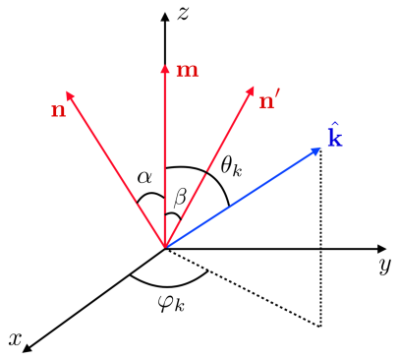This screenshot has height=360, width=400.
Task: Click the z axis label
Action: point(183,14)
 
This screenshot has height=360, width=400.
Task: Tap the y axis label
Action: point(385,267)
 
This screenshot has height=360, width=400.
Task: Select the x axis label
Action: point(15,338)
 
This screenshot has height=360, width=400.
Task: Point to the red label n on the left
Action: point(58,108)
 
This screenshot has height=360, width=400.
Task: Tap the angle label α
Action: point(145,178)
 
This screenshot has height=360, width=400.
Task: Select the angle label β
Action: point(179,197)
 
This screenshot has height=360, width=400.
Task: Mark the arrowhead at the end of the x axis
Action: point(28,345)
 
